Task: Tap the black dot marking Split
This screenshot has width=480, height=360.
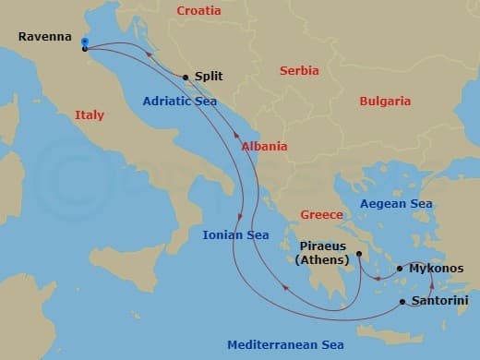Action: (186, 78)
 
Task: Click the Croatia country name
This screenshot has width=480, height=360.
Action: (199, 11)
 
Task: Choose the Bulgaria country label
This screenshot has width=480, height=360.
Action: (385, 101)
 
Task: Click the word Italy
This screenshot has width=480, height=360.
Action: (89, 115)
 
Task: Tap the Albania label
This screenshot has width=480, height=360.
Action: (264, 147)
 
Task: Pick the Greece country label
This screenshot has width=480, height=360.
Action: (321, 215)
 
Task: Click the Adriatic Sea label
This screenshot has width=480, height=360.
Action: (180, 102)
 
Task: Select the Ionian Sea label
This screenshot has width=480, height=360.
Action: (235, 235)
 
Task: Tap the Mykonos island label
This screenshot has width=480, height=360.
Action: (436, 269)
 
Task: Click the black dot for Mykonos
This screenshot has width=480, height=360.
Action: (400, 269)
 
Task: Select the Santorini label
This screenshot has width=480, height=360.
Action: (439, 301)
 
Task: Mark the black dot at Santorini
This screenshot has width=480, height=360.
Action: (402, 302)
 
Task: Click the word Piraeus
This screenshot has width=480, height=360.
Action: (322, 246)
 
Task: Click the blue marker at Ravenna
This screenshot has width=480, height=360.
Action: (84, 42)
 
